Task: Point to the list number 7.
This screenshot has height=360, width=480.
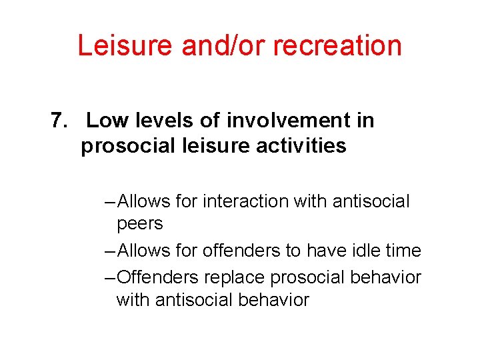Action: click(59, 121)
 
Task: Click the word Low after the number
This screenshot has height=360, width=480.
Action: click(105, 121)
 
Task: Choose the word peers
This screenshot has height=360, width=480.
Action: click(139, 224)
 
